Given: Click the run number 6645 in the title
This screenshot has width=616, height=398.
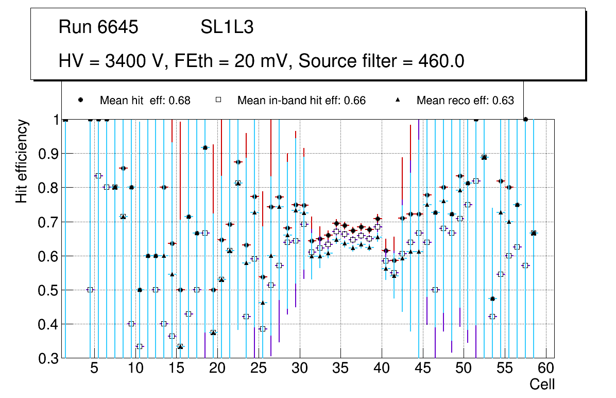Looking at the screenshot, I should tap(118, 27).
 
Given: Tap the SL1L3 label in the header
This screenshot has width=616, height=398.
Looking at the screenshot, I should tap(227, 27).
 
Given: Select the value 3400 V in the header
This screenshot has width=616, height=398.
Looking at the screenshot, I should tap(136, 61).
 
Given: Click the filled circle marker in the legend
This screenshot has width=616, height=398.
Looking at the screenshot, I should tap(80, 100).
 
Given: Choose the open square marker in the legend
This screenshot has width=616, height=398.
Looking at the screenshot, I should tap(218, 100).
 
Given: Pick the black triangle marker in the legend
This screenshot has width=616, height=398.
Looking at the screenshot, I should tap(397, 100).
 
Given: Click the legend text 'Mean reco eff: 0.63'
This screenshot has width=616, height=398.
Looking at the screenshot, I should tap(465, 101).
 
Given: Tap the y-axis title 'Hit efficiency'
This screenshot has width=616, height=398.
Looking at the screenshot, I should tap(22, 161).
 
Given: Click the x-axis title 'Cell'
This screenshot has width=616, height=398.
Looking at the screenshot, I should tap(542, 384).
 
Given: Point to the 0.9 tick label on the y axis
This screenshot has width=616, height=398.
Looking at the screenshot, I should tap(50, 154).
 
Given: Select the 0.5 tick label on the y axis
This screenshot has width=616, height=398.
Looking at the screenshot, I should tap(50, 290).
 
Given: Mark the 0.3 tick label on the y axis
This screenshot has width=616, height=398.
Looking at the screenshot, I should tap(50, 358).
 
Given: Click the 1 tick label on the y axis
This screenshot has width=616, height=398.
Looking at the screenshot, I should tap(56, 120).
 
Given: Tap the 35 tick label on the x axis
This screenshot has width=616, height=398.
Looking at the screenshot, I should tap(340, 369).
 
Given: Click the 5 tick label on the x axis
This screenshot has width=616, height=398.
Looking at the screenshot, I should tap(94, 369).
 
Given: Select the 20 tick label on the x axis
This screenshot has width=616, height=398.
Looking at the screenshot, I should tap(217, 369).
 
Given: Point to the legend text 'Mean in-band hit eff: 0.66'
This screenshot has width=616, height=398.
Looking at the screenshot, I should tap(301, 101).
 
